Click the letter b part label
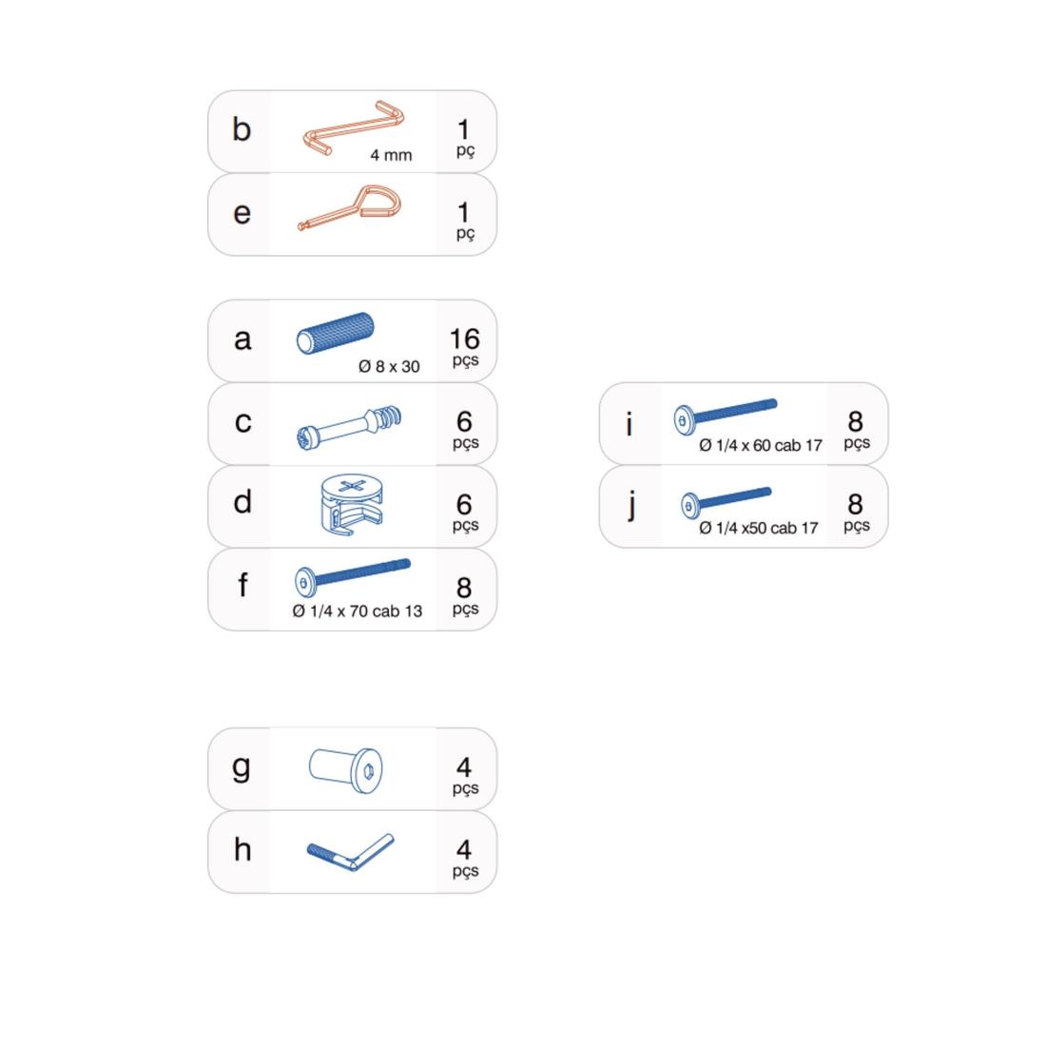(x=242, y=129)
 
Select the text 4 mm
(x=391, y=155)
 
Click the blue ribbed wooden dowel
(x=335, y=332)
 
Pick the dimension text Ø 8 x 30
(x=389, y=366)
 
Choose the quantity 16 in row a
(x=464, y=339)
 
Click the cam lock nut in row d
(x=352, y=504)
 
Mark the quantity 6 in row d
(x=464, y=504)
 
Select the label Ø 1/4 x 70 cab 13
(x=357, y=611)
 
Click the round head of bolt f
(x=304, y=582)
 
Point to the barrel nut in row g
(x=346, y=770)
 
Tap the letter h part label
(x=242, y=850)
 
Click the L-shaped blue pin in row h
(x=351, y=852)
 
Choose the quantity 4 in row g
(x=464, y=767)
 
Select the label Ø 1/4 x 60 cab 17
(x=761, y=445)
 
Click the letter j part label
(x=631, y=506)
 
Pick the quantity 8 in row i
(x=856, y=421)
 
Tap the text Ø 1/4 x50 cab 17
(x=759, y=529)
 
